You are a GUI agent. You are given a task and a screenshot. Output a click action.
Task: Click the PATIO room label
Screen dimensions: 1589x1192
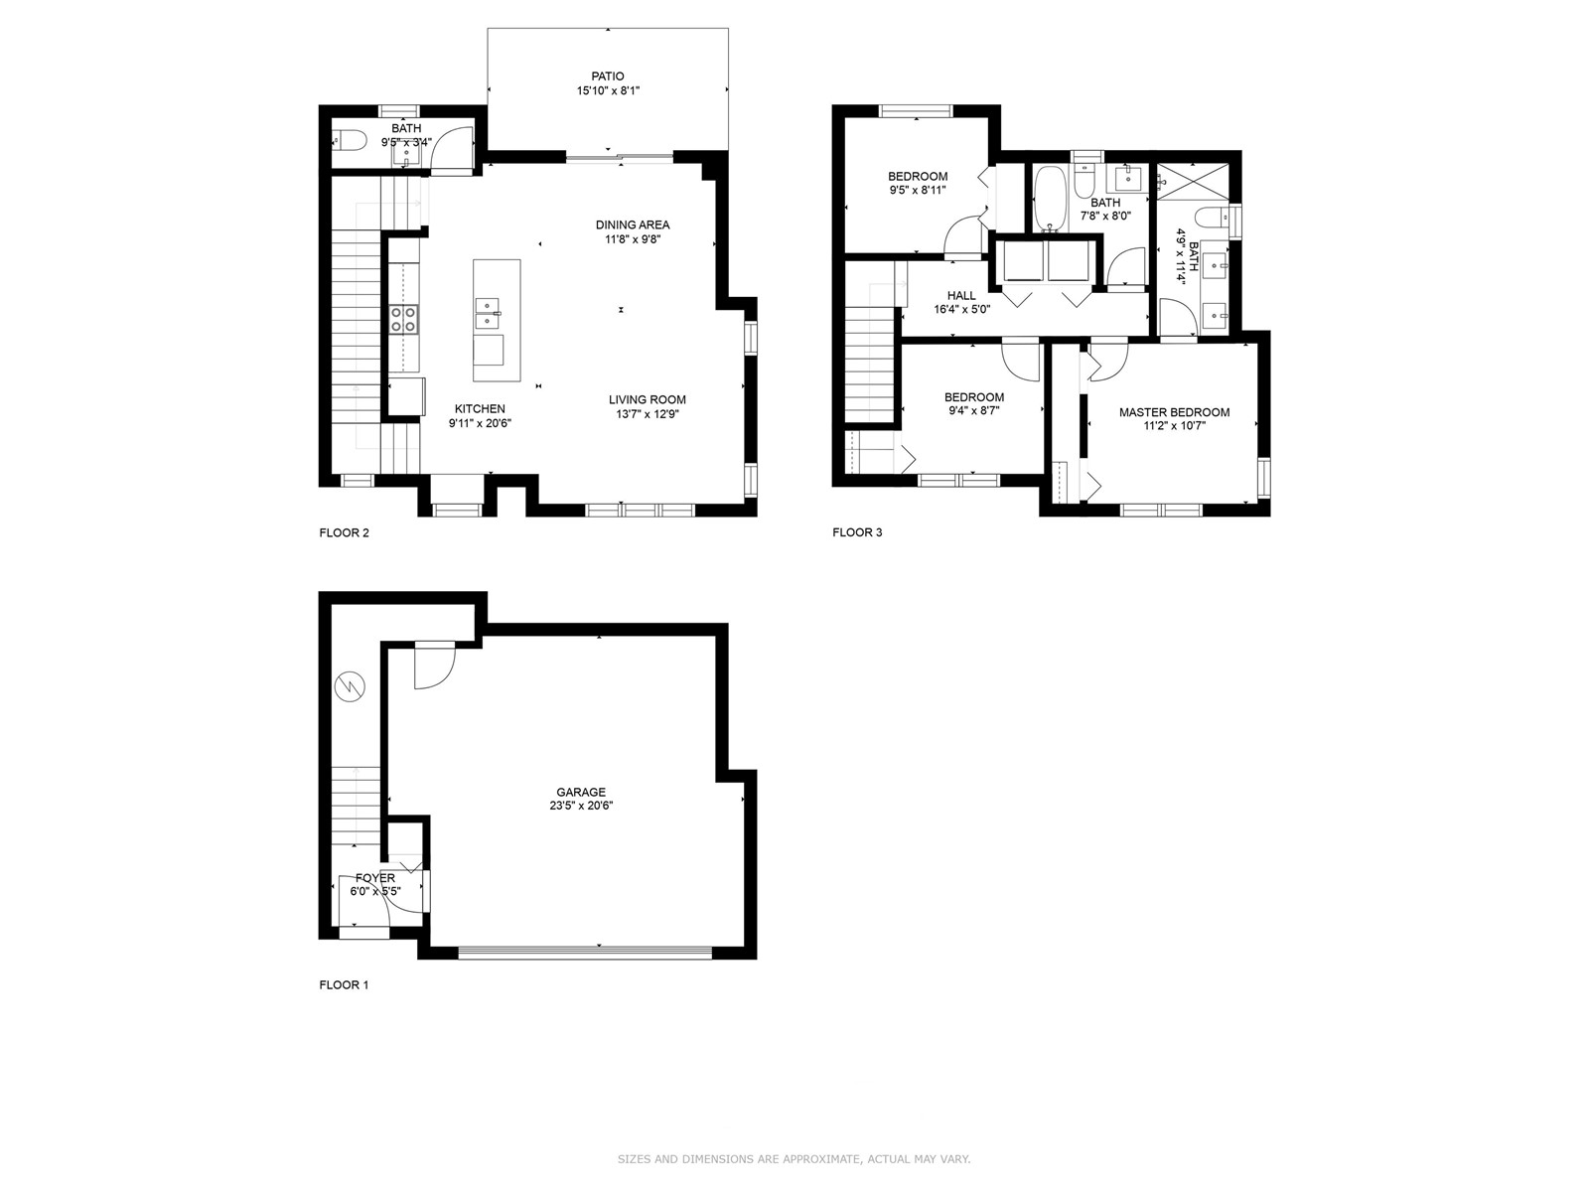click(608, 76)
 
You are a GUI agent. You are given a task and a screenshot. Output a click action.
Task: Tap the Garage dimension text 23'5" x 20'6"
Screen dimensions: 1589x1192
click(581, 806)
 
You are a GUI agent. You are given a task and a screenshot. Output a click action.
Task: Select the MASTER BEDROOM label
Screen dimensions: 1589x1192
click(1174, 412)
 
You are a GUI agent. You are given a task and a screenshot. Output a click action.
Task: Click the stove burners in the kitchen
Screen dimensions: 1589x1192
click(404, 319)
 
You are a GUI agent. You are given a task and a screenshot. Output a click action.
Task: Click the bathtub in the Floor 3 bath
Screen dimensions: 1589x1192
click(1047, 199)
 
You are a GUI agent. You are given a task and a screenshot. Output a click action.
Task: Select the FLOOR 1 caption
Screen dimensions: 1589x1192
click(344, 984)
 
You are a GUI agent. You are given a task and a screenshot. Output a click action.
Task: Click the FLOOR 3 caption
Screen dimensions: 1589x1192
click(857, 532)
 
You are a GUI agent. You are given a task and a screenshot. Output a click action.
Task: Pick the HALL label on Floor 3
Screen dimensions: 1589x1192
click(961, 295)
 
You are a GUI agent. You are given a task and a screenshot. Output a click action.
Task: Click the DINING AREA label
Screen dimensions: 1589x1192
click(633, 224)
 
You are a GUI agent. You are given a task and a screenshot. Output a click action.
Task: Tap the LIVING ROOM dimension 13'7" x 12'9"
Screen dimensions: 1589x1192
click(648, 414)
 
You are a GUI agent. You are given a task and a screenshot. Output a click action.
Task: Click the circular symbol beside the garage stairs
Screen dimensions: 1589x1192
click(351, 686)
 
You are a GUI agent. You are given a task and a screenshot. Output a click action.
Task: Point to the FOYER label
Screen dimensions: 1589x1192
click(375, 878)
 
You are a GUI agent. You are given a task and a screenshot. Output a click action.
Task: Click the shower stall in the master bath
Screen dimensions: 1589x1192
click(1193, 180)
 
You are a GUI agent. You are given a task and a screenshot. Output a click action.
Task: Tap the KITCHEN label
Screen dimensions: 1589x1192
click(480, 409)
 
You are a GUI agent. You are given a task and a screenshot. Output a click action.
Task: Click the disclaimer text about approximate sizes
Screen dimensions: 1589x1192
click(794, 1158)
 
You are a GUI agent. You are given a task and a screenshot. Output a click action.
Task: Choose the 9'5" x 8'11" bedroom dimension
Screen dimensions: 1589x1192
click(918, 191)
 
